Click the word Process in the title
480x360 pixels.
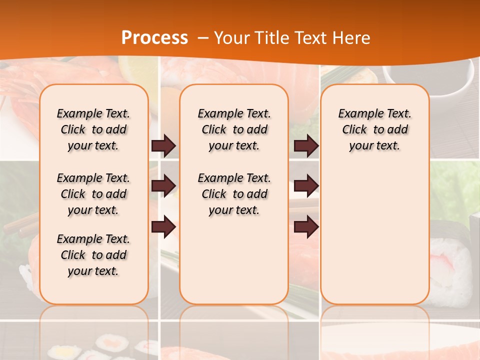tap(155, 38)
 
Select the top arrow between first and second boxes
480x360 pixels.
tap(163, 145)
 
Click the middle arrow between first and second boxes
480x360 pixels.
tap(163, 186)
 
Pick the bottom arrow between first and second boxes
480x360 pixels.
tap(163, 226)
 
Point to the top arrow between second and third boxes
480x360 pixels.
tap(306, 145)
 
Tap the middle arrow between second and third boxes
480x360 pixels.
tap(306, 186)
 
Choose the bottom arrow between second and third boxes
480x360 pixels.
tap(306, 226)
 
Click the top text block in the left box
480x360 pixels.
tap(93, 129)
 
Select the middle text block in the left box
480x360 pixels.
tap(93, 194)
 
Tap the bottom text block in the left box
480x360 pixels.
tap(93, 255)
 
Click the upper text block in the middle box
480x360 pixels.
tap(234, 129)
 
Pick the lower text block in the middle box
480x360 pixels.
tap(234, 194)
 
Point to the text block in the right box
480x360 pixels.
tap(375, 129)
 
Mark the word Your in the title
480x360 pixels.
tap(232, 38)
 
